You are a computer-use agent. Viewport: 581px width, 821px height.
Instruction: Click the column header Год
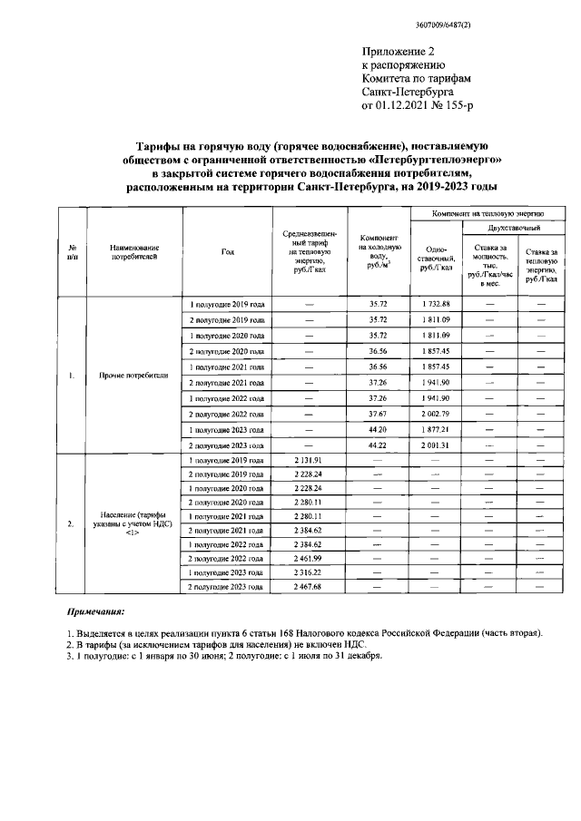pos(226,252)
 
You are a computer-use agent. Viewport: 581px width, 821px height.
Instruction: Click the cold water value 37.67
pos(378,414)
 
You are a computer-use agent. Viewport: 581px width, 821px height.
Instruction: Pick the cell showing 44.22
pos(378,445)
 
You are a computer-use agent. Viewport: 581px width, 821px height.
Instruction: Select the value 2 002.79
pos(435,414)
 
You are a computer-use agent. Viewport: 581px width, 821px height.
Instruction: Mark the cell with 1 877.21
pos(435,429)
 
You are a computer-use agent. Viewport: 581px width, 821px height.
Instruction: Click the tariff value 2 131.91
pos(309,461)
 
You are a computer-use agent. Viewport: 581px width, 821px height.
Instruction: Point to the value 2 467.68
pos(309,588)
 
